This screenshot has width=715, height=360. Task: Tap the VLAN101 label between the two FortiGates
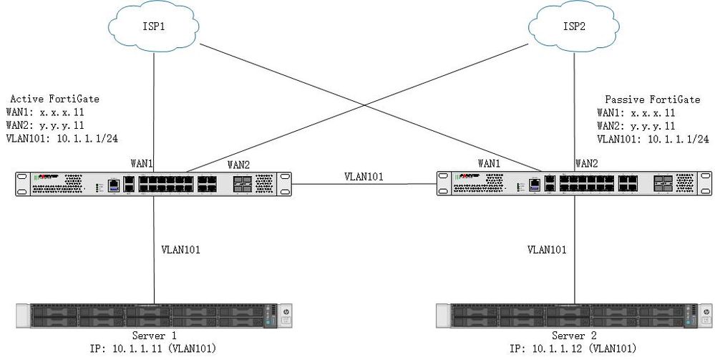(362, 175)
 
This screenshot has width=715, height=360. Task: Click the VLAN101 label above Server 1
(181, 250)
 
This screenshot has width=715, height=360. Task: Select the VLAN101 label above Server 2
(547, 250)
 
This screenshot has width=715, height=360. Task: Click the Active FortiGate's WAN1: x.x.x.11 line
(48, 112)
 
